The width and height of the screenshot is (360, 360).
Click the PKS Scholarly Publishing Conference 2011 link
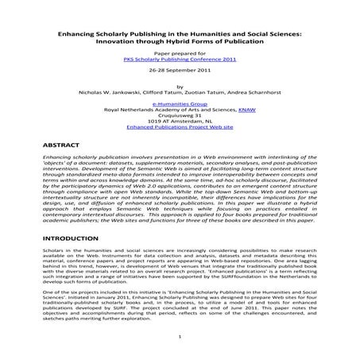(179, 59)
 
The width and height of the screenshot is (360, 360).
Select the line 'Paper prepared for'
(179, 52)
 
